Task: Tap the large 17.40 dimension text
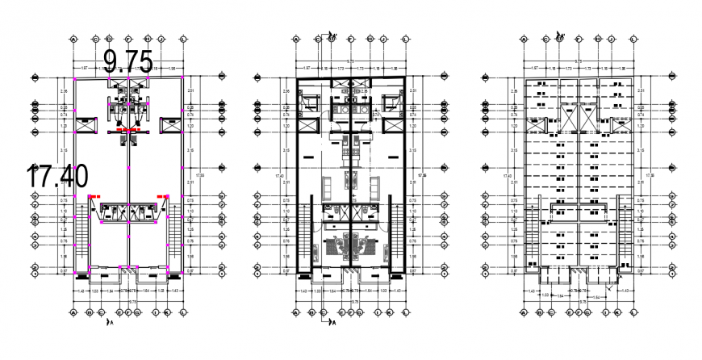click(x=56, y=175)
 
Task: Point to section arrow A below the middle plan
click(x=330, y=321)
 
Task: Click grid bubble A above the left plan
click(x=74, y=38)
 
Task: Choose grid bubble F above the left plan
click(x=148, y=38)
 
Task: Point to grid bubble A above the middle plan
click(x=297, y=38)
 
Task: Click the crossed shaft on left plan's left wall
click(x=82, y=126)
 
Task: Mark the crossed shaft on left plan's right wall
click(x=172, y=126)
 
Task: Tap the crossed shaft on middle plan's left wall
click(x=307, y=126)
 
